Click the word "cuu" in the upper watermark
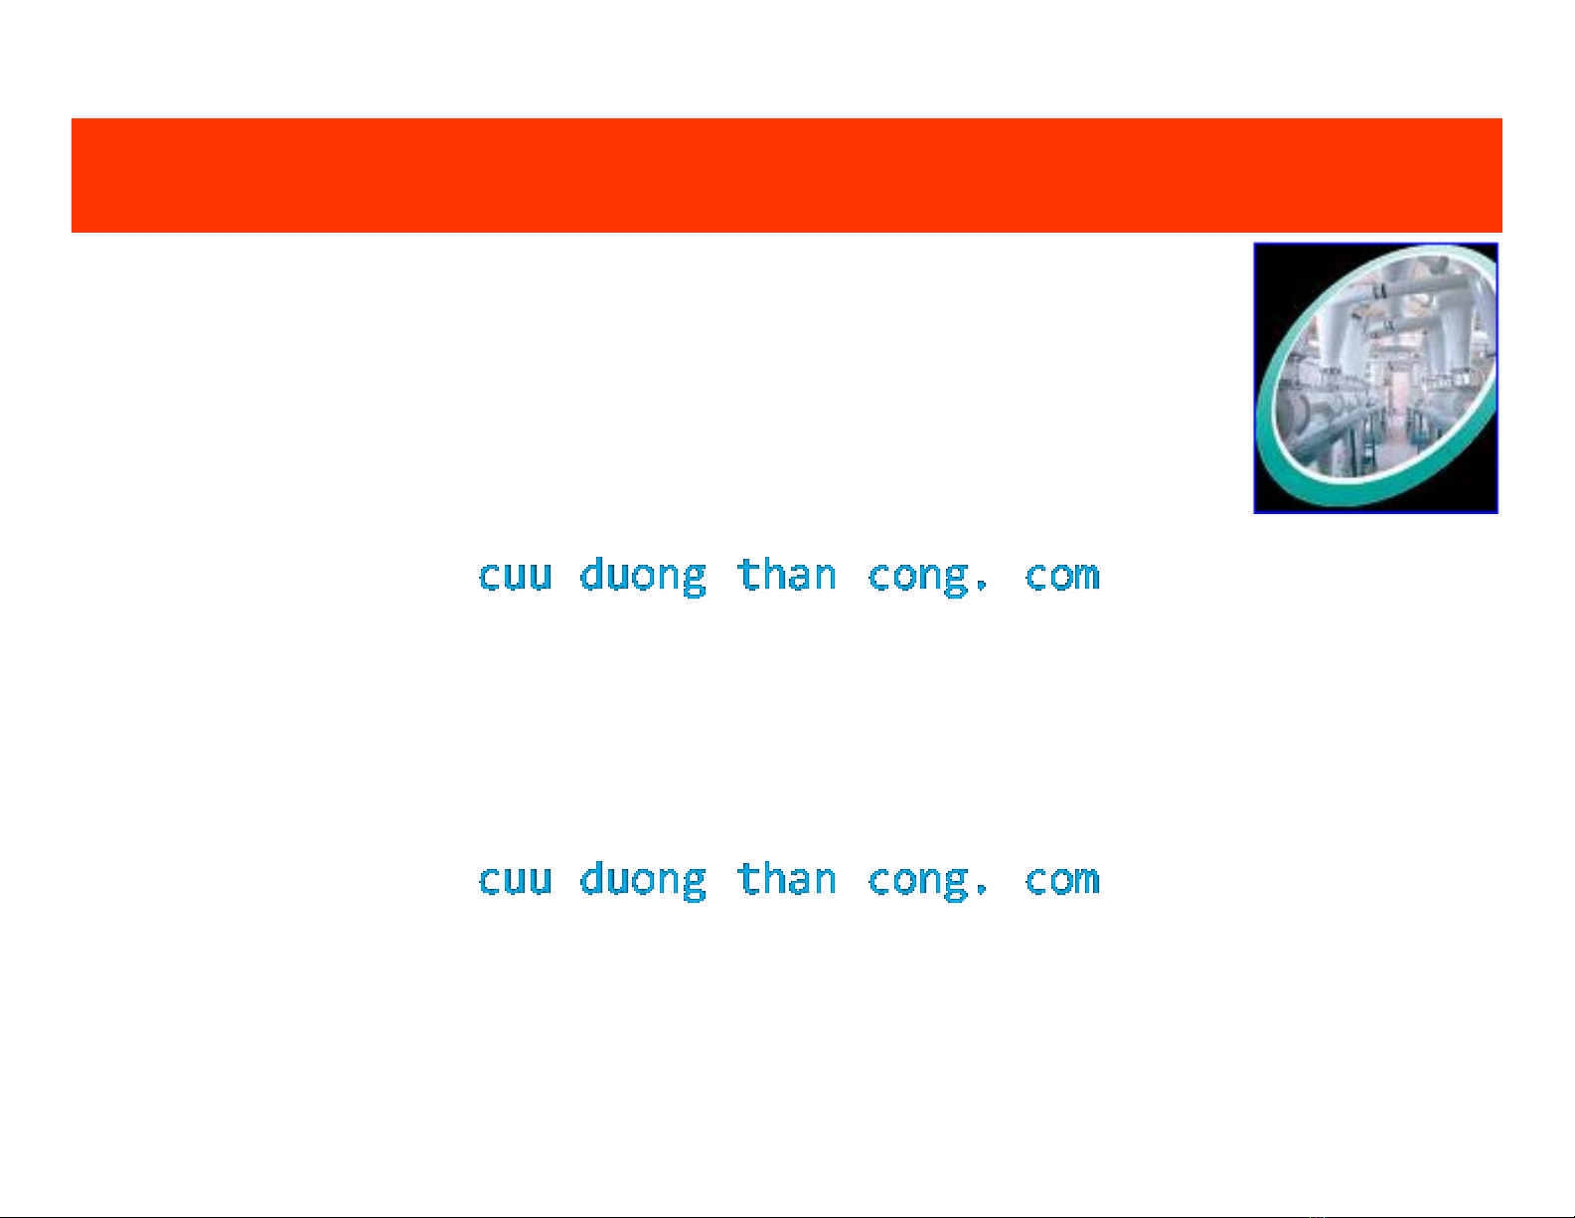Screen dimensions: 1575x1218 click(516, 577)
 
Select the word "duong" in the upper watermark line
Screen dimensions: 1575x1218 click(643, 577)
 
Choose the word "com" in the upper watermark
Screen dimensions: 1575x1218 click(1062, 577)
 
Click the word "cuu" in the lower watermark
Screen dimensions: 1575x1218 click(516, 881)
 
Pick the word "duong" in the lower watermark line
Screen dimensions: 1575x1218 click(643, 881)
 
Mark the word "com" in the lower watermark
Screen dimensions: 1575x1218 click(1062, 881)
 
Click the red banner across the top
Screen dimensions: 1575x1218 click(786, 175)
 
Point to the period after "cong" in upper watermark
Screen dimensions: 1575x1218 click(982, 586)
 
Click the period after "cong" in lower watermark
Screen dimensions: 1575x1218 click(982, 890)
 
